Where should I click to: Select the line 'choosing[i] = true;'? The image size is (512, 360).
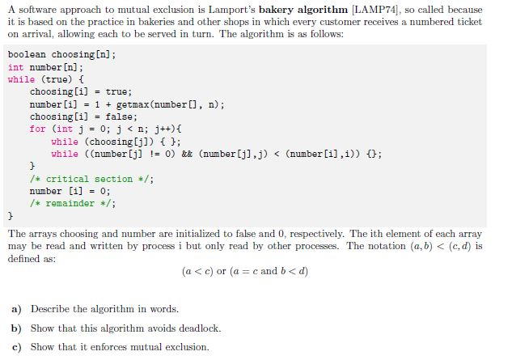point(80,92)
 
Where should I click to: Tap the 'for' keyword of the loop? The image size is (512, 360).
point(37,129)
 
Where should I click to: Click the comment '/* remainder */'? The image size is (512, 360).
point(72,203)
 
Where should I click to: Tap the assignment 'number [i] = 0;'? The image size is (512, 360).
point(70,191)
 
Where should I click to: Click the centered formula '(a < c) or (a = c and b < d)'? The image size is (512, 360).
point(245,271)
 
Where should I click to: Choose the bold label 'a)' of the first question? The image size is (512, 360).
point(16,309)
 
